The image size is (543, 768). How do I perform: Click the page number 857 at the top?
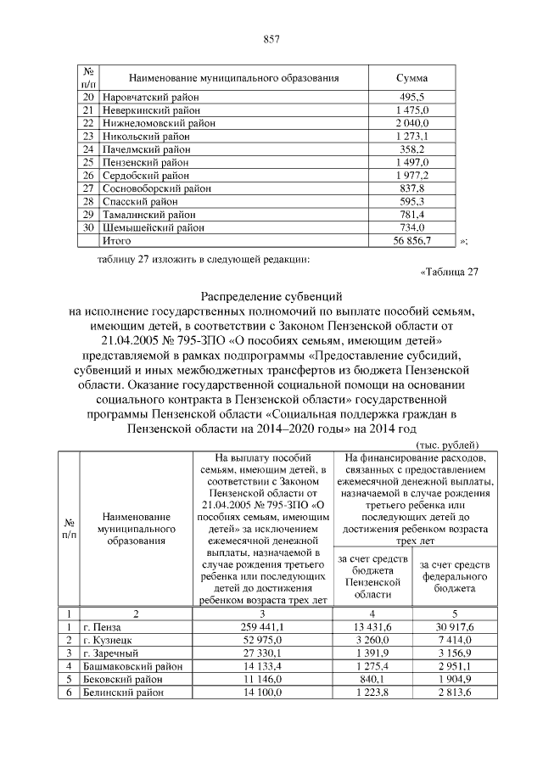(271, 39)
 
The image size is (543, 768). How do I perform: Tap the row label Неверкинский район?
(151, 110)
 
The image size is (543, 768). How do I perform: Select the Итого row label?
(116, 240)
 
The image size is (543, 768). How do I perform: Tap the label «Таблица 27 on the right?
(450, 272)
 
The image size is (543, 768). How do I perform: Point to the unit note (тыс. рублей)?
(447, 445)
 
